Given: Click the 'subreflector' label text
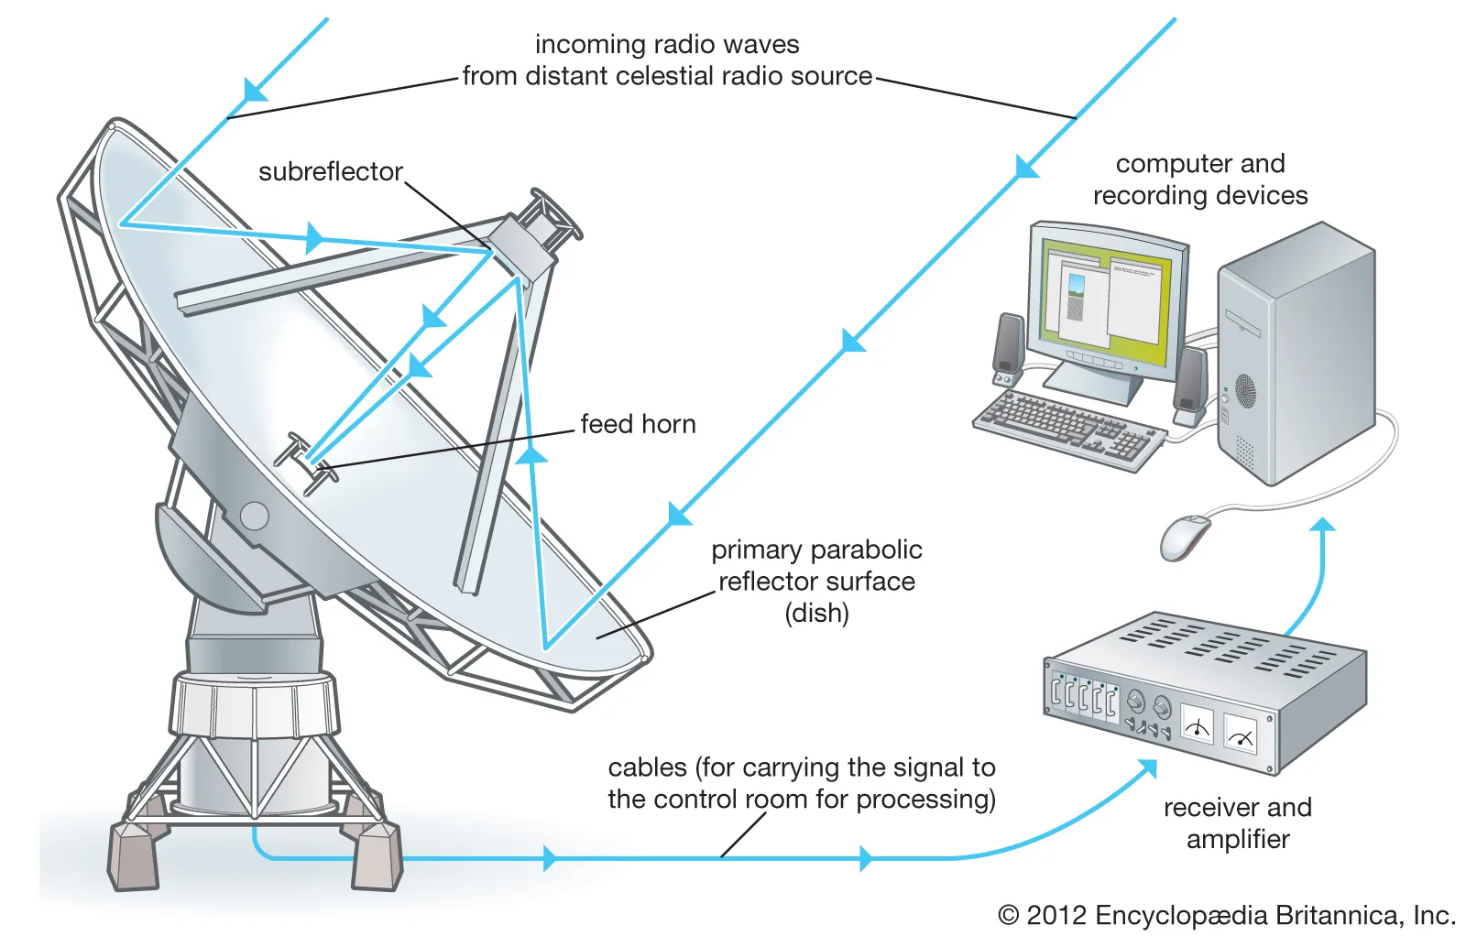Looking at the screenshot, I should click(x=330, y=171).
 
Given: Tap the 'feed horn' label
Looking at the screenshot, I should click(x=638, y=424).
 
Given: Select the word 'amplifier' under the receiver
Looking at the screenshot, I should click(x=1238, y=839).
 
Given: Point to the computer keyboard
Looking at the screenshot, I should click(x=1068, y=426).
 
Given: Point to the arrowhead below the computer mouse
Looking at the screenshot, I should click(x=1322, y=526).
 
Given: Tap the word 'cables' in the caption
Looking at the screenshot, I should click(x=647, y=767).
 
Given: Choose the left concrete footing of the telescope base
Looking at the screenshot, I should click(x=134, y=857).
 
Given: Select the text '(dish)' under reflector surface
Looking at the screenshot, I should click(x=816, y=613).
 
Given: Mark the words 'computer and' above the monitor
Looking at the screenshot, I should click(x=1200, y=164).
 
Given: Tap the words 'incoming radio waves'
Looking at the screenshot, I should click(x=667, y=44).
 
